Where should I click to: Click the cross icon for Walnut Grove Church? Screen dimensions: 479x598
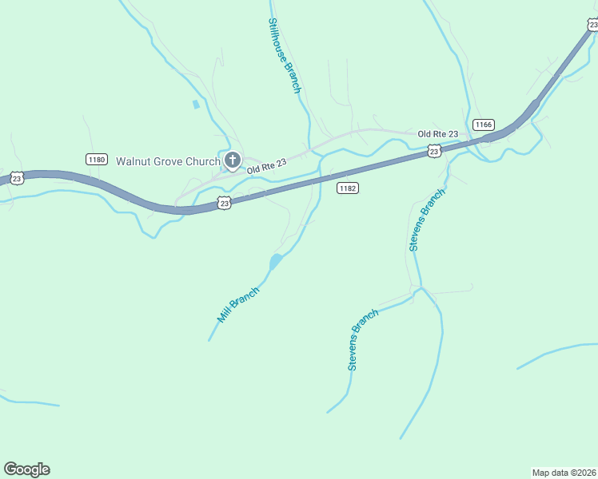(232, 160)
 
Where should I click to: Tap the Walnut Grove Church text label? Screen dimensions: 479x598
(168, 161)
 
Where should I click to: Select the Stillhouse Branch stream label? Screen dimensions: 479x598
(284, 56)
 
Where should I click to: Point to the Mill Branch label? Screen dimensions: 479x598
(238, 304)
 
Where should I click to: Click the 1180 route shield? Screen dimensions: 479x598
(96, 160)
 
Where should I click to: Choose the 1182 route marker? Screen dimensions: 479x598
(347, 188)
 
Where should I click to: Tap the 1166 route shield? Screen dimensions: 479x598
(483, 125)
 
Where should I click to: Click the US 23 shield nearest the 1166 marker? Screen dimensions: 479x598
(433, 150)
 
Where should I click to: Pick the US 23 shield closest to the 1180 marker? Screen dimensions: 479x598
(18, 178)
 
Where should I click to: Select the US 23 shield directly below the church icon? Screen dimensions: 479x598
(225, 204)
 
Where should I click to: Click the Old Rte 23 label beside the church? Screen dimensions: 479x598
(266, 166)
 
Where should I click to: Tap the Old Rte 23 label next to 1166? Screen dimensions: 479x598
(438, 133)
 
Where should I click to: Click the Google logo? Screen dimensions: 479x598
(26, 469)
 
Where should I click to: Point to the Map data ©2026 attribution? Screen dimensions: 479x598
(564, 472)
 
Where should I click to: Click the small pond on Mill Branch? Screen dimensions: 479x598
(275, 261)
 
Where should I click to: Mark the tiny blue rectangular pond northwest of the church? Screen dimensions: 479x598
(196, 104)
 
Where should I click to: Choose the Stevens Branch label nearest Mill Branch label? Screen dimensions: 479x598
(362, 339)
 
